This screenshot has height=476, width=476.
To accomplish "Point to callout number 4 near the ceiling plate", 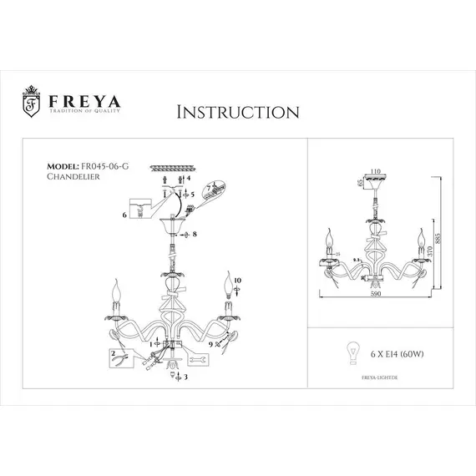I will click(x=189, y=179).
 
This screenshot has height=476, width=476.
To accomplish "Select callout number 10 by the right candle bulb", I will click(x=237, y=281).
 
